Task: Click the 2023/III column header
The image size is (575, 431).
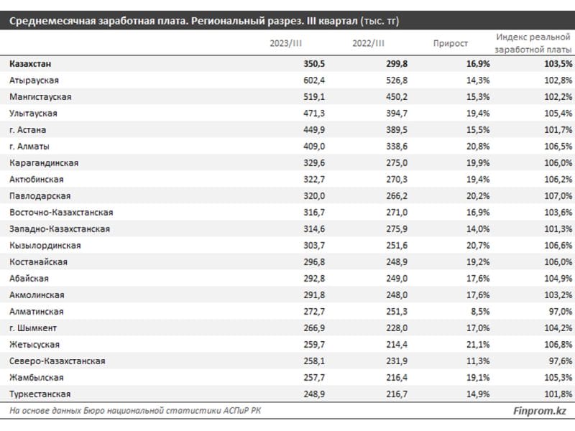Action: pos(285,43)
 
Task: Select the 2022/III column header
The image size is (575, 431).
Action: pos(368,43)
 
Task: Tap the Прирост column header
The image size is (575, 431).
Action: pos(451,43)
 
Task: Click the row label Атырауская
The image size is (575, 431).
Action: pos(34,80)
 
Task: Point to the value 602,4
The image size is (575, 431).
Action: pos(314,80)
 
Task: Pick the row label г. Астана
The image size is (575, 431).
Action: pos(28,130)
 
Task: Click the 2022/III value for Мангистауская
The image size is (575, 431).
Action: pos(397,97)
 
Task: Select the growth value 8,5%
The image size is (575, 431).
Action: pos(480,312)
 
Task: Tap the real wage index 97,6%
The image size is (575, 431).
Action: pos(561,361)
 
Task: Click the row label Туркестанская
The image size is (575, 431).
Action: pos(40,394)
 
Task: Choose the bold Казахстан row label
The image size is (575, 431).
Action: pos(30,64)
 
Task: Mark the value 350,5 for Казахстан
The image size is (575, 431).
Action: pos(314,64)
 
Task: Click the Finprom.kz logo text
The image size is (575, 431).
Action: pos(540,411)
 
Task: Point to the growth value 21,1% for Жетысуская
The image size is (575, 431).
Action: pos(478,345)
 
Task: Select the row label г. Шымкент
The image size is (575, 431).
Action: pos(33,328)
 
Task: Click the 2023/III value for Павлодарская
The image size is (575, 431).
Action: pos(314,195)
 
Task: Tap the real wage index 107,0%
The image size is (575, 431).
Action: pos(558,195)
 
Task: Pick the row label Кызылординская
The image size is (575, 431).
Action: pos(45,246)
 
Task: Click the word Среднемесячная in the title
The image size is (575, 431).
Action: pos(52,21)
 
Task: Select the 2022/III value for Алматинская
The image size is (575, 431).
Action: pos(397,312)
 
